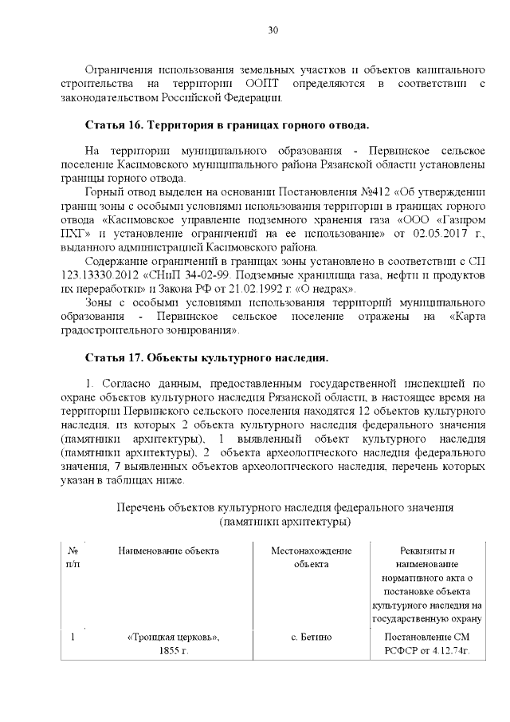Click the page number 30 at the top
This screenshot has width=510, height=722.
click(273, 30)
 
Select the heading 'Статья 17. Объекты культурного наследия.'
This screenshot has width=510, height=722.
click(206, 356)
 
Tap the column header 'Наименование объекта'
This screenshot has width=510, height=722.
click(168, 550)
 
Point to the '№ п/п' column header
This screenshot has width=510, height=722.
click(73, 557)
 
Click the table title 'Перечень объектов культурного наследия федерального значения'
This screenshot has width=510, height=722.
click(285, 507)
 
